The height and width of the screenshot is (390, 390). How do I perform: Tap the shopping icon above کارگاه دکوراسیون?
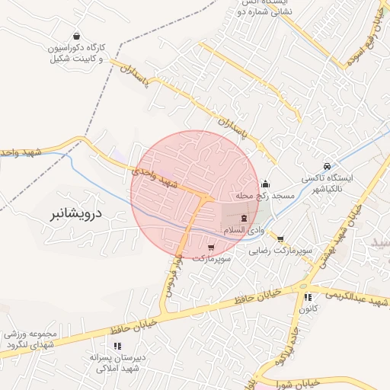(x=76, y=36)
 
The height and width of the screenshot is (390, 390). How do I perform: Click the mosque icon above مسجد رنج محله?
(x=265, y=184)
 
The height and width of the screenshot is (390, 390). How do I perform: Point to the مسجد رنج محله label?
(x=264, y=197)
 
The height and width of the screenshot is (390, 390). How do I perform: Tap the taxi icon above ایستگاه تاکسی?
(x=327, y=166)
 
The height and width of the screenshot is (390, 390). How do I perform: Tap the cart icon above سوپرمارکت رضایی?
(x=280, y=238)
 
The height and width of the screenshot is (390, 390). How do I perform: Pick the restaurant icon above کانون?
(x=308, y=298)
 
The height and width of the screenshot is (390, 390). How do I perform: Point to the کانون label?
(x=308, y=310)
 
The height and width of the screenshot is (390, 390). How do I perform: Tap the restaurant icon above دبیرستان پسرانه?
(x=117, y=346)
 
